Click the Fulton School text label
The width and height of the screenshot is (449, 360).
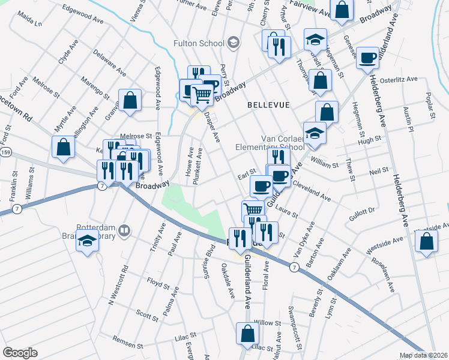tap(198, 43)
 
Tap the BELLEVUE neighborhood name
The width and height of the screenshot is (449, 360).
tap(268, 105)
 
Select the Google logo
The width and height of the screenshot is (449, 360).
tap(20, 353)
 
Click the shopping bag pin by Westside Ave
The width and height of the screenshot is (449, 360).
tap(426, 242)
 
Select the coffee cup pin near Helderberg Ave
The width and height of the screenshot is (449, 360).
tap(367, 58)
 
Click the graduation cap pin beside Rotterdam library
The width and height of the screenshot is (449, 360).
tap(88, 242)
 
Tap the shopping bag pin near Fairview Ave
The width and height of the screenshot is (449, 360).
tap(342, 10)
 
